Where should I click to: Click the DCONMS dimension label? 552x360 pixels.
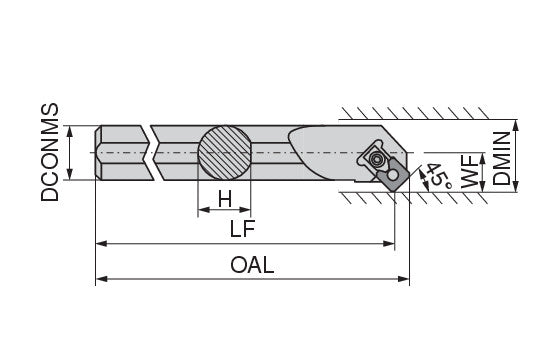pyautogui.click(x=50, y=152)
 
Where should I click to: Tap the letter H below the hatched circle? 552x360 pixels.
pyautogui.click(x=225, y=199)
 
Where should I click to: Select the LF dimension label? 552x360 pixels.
pyautogui.click(x=242, y=229)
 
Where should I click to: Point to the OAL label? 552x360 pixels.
pyautogui.click(x=252, y=265)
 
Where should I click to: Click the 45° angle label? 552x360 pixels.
pyautogui.click(x=438, y=177)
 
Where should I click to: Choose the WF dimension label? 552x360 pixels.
pyautogui.click(x=470, y=172)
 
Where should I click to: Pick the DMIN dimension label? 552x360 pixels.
pyautogui.click(x=501, y=158)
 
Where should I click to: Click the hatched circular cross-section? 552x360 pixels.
pyautogui.click(x=225, y=153)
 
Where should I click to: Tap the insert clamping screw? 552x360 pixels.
pyautogui.click(x=377, y=159)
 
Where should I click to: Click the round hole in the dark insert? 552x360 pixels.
pyautogui.click(x=393, y=175)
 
